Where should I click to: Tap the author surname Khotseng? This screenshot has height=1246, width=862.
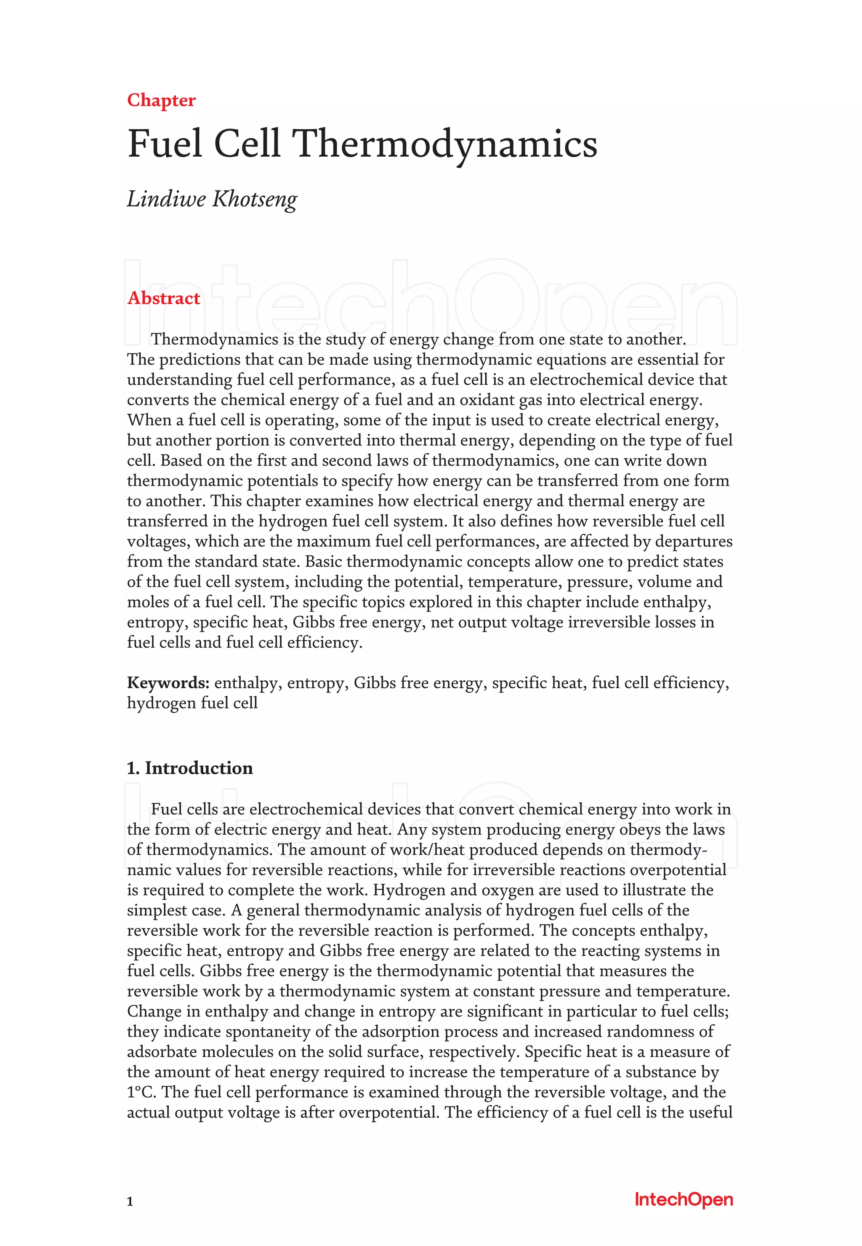pyautogui.click(x=254, y=200)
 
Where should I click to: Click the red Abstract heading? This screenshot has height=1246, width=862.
pyautogui.click(x=164, y=298)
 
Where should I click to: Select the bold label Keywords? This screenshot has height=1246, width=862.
pyautogui.click(x=168, y=683)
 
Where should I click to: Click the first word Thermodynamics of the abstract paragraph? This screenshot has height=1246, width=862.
pyautogui.click(x=214, y=339)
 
